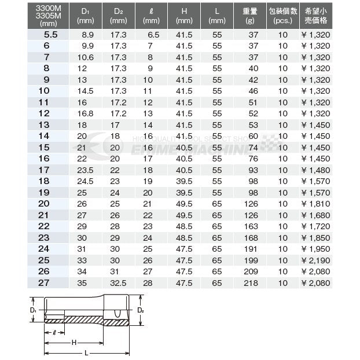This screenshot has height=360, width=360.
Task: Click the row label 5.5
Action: pos(51,35)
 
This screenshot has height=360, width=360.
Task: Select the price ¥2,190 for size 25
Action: pos(317,261)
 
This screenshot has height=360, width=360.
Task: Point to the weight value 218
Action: pos(250,284)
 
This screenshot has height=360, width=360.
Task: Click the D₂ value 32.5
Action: pos(118,284)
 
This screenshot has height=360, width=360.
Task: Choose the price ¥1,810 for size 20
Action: pos(317,204)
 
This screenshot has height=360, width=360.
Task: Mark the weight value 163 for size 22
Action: pos(250,227)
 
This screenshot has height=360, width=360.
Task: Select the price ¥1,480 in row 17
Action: pos(317,170)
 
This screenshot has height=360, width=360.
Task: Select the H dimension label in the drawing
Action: pos(74,342)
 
